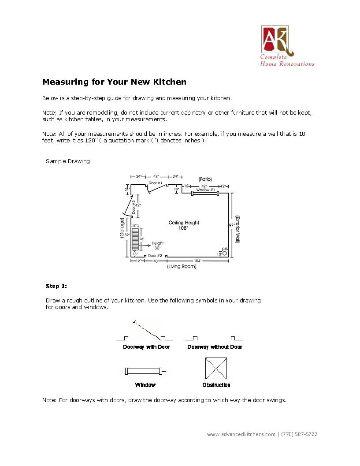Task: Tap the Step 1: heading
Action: pos(56,286)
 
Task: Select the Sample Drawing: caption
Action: pos(69,161)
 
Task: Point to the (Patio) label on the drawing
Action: pos(205,179)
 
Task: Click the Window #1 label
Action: pos(205,190)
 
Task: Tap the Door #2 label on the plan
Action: pos(155,256)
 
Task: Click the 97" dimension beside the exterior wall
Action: pos(231,225)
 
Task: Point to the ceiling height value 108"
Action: pos(183,228)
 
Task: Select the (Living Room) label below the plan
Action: pos(182,266)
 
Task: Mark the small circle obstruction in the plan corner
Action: pos(224,253)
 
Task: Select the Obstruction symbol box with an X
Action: pos(216,368)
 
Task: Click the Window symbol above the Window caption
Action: pos(144,371)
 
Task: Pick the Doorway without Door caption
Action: pos(215,347)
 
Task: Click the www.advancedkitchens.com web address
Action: pos(241,434)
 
